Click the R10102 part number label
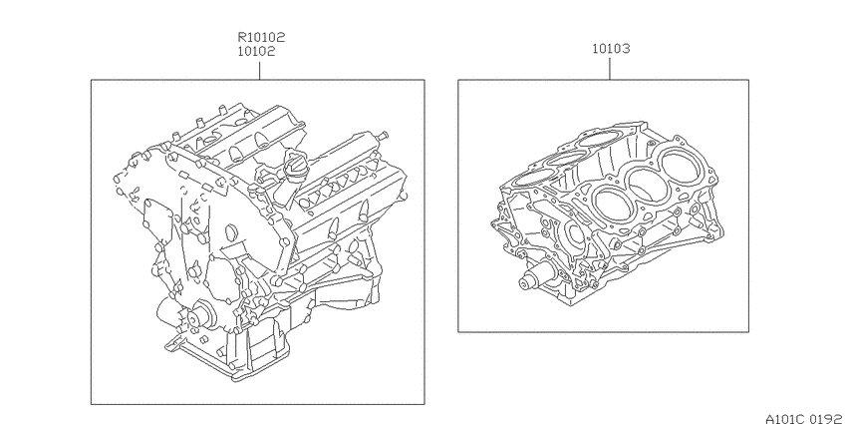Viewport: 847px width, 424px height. (x=261, y=37)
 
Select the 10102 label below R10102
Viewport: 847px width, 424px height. (x=256, y=51)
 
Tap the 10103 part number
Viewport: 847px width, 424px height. (x=611, y=49)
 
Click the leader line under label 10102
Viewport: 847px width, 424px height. (x=259, y=70)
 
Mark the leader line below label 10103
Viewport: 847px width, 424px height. (x=610, y=69)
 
